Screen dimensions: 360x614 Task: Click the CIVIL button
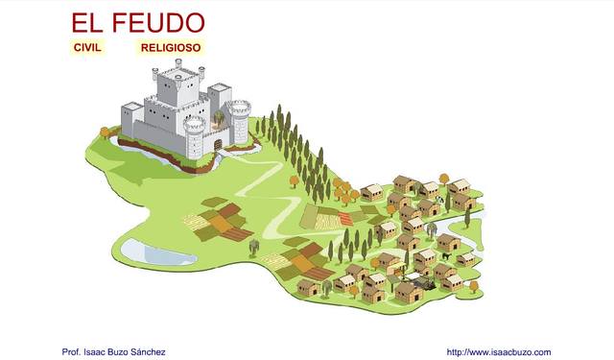coord(87,47)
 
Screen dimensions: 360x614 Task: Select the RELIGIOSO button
coord(170,47)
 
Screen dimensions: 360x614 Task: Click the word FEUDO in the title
coord(157,23)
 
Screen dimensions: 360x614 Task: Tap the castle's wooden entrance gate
coord(217,144)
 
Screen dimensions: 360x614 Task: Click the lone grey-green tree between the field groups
coord(254,247)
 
